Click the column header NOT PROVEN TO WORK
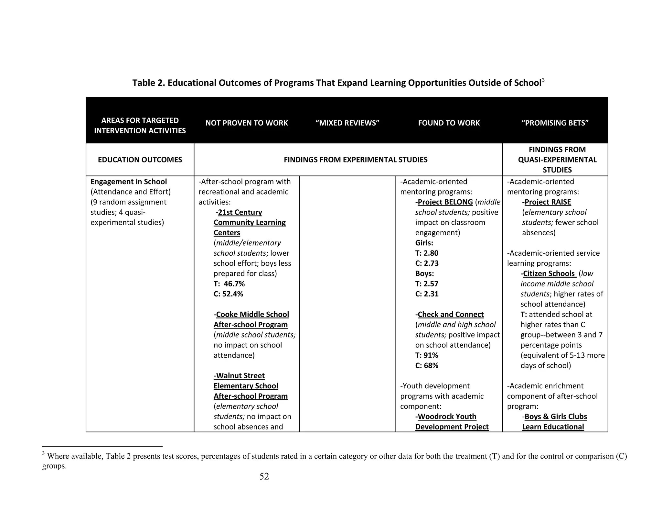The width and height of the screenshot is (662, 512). pos(246,123)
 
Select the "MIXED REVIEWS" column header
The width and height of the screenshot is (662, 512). pos(347,123)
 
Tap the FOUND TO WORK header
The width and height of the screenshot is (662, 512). pos(449,123)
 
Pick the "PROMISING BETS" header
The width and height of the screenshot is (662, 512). pos(555,123)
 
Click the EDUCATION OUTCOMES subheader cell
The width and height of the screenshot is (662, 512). pos(140,160)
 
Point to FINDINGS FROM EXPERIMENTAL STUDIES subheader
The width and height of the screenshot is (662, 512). pos(355,160)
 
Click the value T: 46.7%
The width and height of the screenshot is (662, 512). pos(229,284)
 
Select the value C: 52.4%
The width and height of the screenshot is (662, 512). pos(228,294)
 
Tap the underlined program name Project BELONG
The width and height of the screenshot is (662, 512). pos(445,202)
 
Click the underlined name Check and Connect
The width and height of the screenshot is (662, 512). pos(451,314)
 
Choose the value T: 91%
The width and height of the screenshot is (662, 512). pos(426,355)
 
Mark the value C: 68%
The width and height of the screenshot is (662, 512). pos(427,365)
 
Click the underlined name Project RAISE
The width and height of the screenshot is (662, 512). pos(548,202)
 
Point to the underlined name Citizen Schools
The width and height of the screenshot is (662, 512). pos(549,273)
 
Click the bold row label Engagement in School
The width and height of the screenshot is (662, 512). pos(129,182)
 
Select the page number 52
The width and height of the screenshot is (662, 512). pos(264,476)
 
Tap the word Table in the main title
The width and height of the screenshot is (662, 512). pos(144,83)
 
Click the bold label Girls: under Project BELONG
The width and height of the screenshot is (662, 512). pos(424,243)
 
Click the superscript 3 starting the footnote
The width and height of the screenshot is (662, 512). pos(43,454)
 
